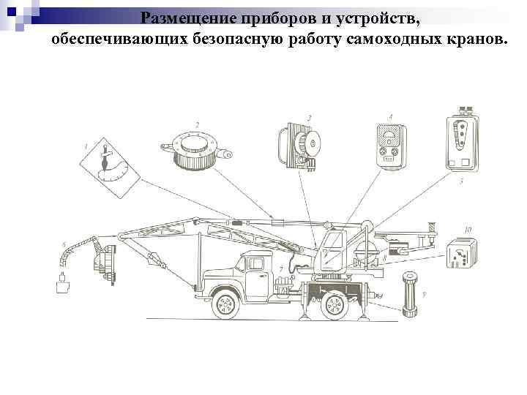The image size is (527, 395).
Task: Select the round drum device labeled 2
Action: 193,150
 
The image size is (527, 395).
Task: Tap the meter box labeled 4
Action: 387,145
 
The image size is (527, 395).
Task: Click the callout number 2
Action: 196,124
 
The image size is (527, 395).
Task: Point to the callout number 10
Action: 467,230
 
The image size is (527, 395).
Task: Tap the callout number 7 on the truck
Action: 282,270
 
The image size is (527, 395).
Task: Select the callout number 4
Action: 390,117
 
